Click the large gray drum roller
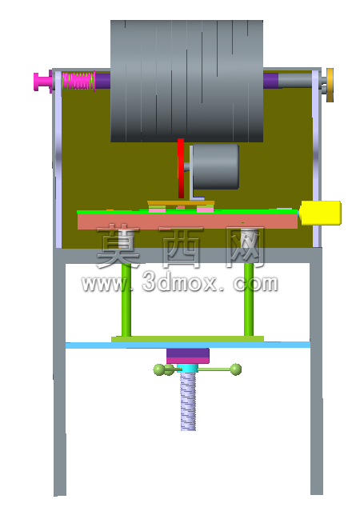[x=186, y=81]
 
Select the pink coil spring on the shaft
[x=78, y=81]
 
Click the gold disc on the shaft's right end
[x=330, y=85]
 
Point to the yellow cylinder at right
[x=321, y=213]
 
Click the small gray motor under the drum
[x=215, y=166]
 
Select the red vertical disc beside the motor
[x=181, y=168]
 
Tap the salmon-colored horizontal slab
[x=187, y=221]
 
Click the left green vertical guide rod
[x=126, y=300]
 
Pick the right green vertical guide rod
[x=249, y=300]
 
